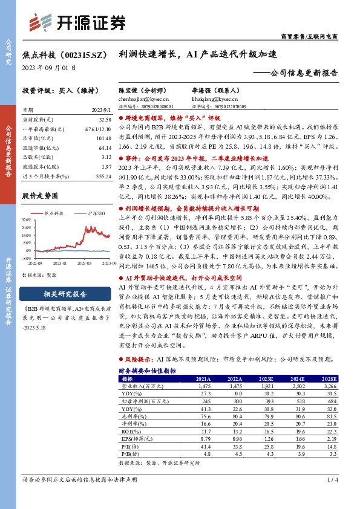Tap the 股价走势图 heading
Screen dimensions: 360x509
40,196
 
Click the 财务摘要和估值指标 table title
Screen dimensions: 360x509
147,371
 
